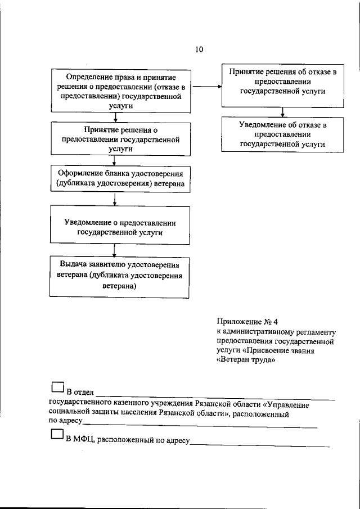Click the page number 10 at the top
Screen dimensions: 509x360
tap(199, 49)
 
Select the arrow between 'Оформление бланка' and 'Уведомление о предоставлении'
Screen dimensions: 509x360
tap(115, 199)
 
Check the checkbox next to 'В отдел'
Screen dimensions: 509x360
tap(56, 388)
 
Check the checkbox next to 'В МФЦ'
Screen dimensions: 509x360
tap(56, 435)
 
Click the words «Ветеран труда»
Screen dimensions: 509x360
tap(245, 361)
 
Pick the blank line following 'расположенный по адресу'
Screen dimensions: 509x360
tap(260, 445)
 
